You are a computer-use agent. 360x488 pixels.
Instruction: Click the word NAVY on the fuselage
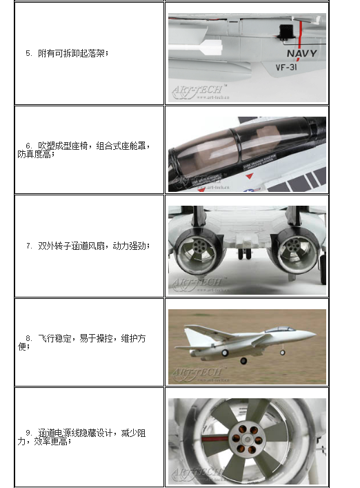[x=301, y=54]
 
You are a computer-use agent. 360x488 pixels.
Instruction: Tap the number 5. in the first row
[x=28, y=53]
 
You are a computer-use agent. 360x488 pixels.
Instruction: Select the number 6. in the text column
[x=29, y=146]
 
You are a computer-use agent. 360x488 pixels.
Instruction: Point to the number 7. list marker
[x=29, y=246]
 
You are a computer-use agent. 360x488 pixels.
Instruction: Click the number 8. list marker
[x=29, y=338]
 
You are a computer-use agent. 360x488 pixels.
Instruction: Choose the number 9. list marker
[x=29, y=433]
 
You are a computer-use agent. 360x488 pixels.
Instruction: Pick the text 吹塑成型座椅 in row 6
[x=63, y=146]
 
